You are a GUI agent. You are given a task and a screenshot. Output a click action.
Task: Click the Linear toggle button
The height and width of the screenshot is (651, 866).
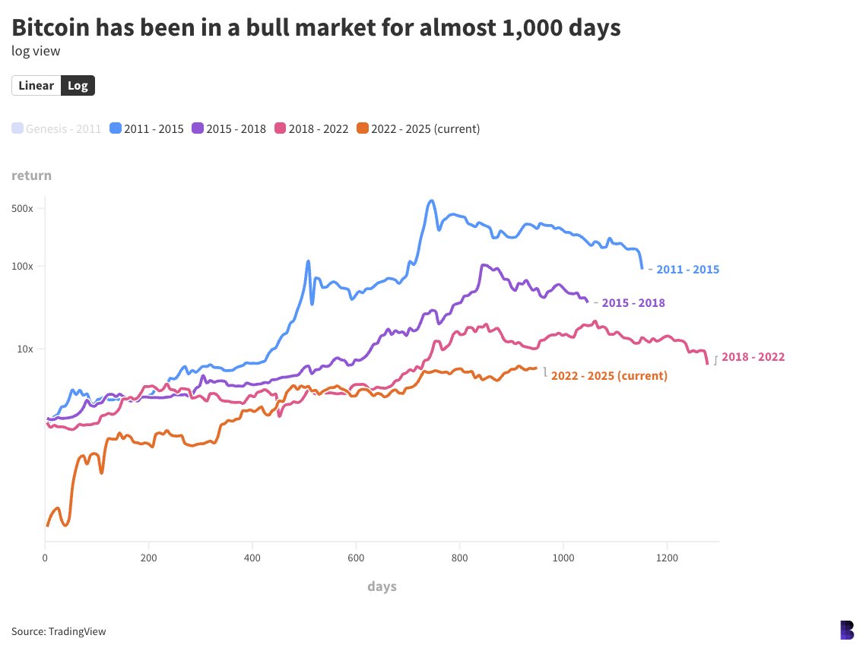pyautogui.click(x=36, y=85)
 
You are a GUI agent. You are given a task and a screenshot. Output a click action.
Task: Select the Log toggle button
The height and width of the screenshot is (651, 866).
pyautogui.click(x=78, y=85)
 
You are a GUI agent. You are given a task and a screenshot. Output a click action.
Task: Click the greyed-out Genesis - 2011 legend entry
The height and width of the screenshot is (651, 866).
pyautogui.click(x=56, y=128)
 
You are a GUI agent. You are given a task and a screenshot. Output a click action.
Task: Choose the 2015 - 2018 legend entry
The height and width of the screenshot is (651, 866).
pyautogui.click(x=229, y=128)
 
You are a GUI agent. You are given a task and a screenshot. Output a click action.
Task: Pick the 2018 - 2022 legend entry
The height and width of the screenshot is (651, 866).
pyautogui.click(x=311, y=128)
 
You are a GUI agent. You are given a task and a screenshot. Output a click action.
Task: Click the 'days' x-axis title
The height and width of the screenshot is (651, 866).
pyautogui.click(x=382, y=586)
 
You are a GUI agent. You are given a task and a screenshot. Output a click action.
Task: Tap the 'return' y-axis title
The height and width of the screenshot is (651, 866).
pyautogui.click(x=31, y=175)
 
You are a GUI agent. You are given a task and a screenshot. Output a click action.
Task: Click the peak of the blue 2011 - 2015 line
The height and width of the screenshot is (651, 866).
pyautogui.click(x=431, y=201)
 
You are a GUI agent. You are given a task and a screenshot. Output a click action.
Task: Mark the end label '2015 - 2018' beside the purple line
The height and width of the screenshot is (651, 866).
pyautogui.click(x=633, y=302)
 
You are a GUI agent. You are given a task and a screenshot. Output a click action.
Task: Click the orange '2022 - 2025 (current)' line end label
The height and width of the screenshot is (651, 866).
pyautogui.click(x=608, y=375)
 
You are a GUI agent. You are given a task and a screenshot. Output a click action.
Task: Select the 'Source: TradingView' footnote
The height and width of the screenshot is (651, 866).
pyautogui.click(x=59, y=631)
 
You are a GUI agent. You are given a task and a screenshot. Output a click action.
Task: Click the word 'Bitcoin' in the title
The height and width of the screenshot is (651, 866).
pyautogui.click(x=54, y=28)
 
